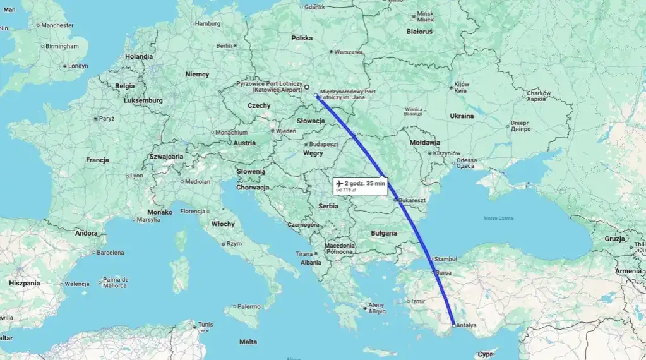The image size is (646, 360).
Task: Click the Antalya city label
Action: click(466, 325)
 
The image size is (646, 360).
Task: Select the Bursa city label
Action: click(444, 272)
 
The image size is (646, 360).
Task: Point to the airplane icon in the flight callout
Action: click(340, 184)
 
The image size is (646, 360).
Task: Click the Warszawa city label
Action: click(348, 52)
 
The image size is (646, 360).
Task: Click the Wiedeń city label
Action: click(285, 131)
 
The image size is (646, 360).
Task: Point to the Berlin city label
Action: click(224, 45)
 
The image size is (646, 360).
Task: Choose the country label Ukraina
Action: click(462, 116)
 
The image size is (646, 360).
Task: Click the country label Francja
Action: click(97, 160)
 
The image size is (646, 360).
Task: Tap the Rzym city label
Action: click(234, 243)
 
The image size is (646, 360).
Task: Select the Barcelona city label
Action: click(111, 253)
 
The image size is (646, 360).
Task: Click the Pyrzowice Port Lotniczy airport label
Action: click(268, 84)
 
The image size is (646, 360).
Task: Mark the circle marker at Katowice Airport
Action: click(306, 87)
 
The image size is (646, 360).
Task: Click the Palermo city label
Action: click(249, 306)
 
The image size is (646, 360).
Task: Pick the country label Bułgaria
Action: click(384, 233)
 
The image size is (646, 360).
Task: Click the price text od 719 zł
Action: click(347, 190)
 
